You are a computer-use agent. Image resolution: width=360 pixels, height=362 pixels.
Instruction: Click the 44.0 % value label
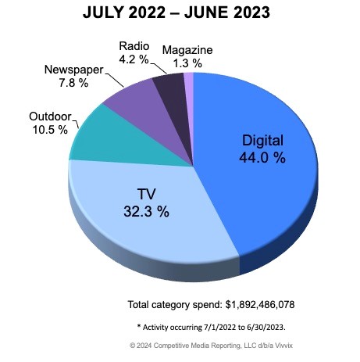(x=262, y=157)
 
